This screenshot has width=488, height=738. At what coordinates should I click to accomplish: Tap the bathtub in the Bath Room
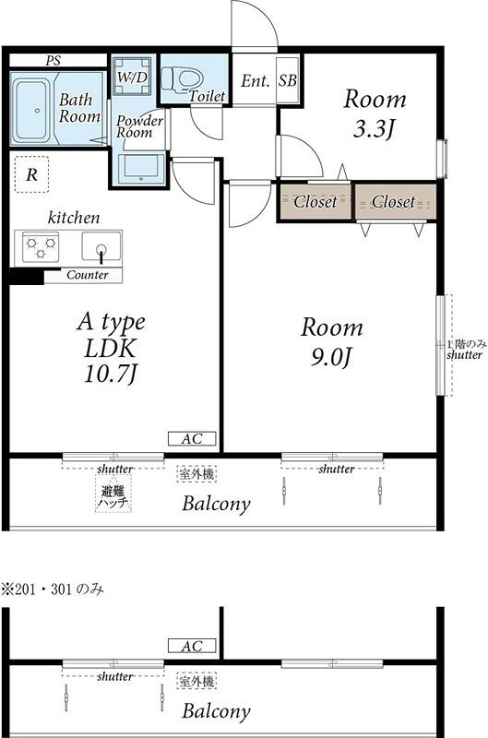(x=31, y=110)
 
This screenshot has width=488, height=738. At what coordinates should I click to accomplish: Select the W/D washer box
(x=132, y=77)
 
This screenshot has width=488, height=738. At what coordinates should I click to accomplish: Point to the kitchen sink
(x=101, y=246)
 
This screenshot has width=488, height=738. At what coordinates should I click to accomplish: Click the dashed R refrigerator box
(x=31, y=174)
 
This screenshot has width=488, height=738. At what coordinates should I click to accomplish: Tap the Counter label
(x=88, y=275)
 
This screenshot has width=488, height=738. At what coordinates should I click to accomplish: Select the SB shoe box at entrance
(x=288, y=80)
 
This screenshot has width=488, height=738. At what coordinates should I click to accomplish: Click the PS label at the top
(x=54, y=61)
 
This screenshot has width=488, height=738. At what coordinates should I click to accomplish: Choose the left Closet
(x=315, y=201)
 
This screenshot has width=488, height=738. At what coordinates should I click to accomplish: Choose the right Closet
(x=394, y=202)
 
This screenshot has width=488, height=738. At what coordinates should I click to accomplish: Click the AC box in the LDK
(x=192, y=439)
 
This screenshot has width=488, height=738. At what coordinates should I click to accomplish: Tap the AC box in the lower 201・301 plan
(x=192, y=646)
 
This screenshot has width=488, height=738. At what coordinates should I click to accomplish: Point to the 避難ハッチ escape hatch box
(x=113, y=493)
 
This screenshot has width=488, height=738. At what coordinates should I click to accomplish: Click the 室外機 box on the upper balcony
(x=196, y=474)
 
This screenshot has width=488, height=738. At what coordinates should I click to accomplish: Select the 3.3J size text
(x=373, y=128)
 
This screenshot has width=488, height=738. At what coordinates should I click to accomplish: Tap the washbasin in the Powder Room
(x=141, y=168)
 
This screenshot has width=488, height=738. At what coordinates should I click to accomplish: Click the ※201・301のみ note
(x=53, y=589)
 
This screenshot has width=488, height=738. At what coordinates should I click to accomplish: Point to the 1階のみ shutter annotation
(x=464, y=350)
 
